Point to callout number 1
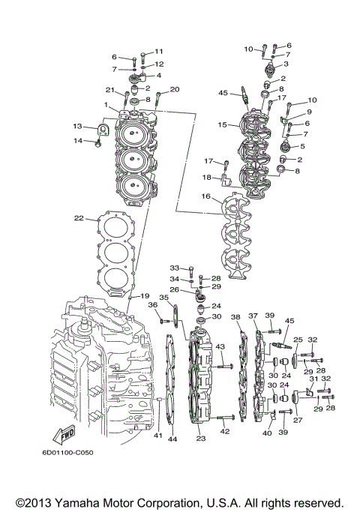[x=106, y=104]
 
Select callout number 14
[x=76, y=140]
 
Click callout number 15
[x=223, y=124]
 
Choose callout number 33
[x=174, y=267]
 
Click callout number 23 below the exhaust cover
[x=200, y=439]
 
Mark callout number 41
[x=157, y=435]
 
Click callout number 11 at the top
[x=158, y=51]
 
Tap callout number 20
[x=175, y=90]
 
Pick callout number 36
[x=152, y=304]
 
